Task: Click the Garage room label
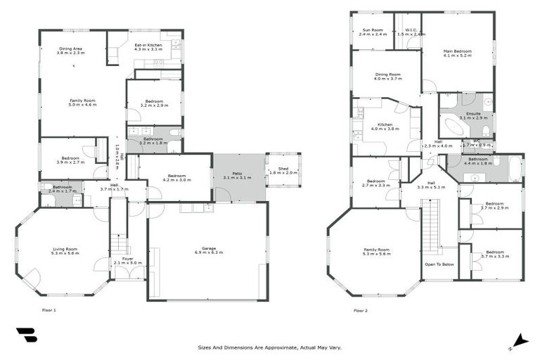pyautogui.click(x=207, y=248)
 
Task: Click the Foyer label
pyautogui.click(x=128, y=259)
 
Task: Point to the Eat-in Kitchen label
pyautogui.click(x=148, y=46)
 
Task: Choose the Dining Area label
pyautogui.click(x=71, y=49)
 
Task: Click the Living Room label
pyautogui.click(x=64, y=249)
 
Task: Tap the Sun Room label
pyautogui.click(x=372, y=30)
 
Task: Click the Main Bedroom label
pyautogui.click(x=457, y=51)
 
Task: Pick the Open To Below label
pyautogui.click(x=439, y=264)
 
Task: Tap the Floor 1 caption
pyautogui.click(x=49, y=310)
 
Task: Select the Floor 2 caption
pyautogui.click(x=360, y=310)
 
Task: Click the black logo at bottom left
pyautogui.click(x=26, y=335)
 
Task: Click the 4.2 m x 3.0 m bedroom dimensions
pyautogui.click(x=176, y=180)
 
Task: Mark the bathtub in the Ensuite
pyautogui.click(x=454, y=127)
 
